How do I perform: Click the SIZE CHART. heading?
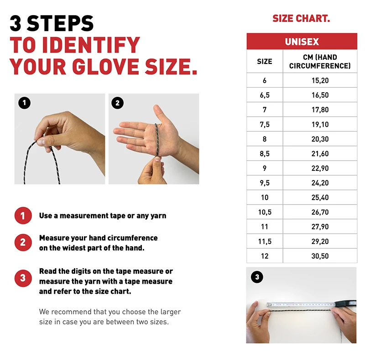pos(301,18)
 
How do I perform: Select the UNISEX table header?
pos(302,42)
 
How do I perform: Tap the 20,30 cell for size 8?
pos(320,139)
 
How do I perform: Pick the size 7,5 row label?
pos(265,125)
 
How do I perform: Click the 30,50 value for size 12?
pos(320,256)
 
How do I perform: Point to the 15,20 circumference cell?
pos(320,80)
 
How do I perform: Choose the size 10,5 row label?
pos(265,212)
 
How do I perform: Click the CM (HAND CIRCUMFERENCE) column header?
pos(320,62)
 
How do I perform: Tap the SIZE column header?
pos(265,62)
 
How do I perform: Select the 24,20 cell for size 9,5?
pos(320,183)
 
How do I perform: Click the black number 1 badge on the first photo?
pos(25,103)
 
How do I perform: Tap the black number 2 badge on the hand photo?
pos(118,103)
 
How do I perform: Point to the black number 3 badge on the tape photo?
pos(257,277)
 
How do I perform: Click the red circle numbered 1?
pos(23,216)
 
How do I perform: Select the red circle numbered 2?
pos(23,243)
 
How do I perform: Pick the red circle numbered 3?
pos(23,278)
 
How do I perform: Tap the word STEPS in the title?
pos(60,23)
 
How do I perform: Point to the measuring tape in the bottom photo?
pos(312,304)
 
